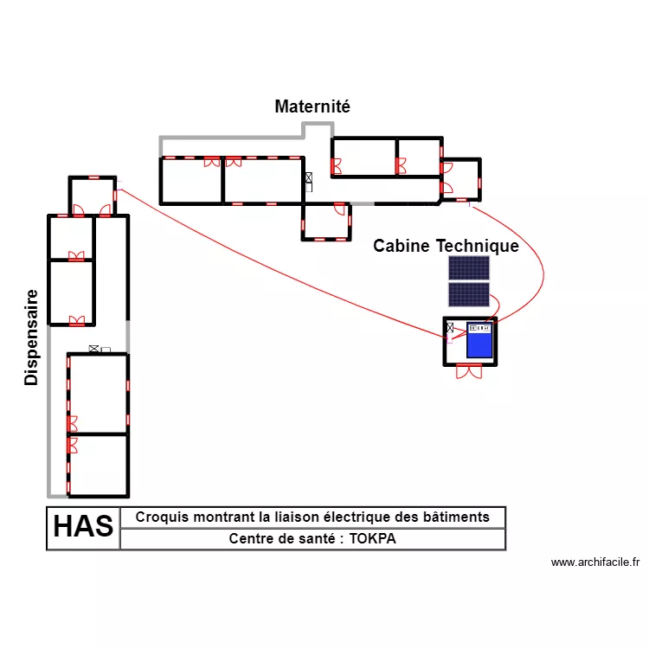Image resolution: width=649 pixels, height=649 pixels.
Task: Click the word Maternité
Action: tap(312, 107)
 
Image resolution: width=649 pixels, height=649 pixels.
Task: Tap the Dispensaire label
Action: tap(32, 337)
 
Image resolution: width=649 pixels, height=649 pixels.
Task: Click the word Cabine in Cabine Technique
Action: tap(402, 246)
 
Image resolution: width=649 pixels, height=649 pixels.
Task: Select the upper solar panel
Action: tap(468, 267)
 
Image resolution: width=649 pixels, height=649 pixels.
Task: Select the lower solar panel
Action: tap(468, 294)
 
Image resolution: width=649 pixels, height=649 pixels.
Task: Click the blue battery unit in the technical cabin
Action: tap(479, 340)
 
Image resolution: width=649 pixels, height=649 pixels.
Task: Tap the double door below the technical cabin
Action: tap(469, 371)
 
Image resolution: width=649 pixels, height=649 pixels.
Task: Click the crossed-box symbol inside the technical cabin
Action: tap(450, 328)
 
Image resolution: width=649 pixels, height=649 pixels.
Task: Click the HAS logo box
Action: tap(83, 527)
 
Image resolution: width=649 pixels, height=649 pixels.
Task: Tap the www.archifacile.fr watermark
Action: tap(594, 562)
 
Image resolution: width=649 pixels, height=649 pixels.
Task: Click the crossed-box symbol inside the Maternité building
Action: tap(308, 179)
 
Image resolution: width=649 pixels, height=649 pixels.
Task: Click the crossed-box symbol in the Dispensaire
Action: tap(93, 349)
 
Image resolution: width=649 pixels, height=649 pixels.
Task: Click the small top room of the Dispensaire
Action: tap(92, 196)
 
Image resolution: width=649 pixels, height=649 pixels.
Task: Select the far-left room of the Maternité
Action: tap(191, 180)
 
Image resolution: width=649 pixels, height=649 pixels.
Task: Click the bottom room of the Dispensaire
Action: tap(98, 465)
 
